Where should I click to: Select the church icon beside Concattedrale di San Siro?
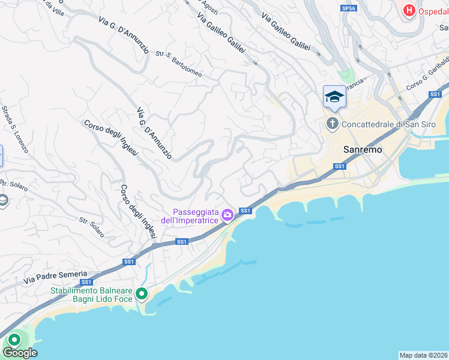[333, 124]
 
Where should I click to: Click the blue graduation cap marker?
[334, 97]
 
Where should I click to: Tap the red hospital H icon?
[409, 10]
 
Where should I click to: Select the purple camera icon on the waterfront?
[228, 215]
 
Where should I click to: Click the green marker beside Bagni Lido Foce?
[142, 293]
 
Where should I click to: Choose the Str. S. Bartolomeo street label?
[179, 64]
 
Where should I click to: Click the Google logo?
[20, 353]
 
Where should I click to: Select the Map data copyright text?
[423, 355]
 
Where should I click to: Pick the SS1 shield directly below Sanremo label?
[340, 166]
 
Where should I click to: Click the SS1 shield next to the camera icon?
[245, 211]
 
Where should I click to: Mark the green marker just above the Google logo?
[12, 340]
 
